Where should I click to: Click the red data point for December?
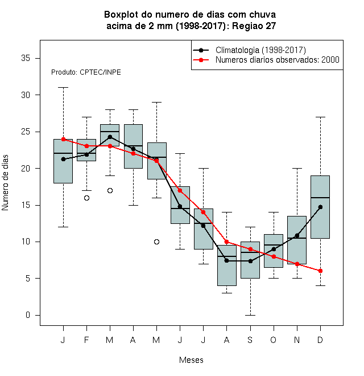click(320, 271)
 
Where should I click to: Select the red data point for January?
click(63, 139)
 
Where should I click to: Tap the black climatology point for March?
click(110, 137)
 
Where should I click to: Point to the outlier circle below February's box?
click(86, 198)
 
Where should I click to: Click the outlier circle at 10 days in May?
click(156, 242)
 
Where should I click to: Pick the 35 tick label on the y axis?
click(26, 58)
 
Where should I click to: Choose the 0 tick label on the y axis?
click(28, 315)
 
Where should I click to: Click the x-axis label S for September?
click(250, 340)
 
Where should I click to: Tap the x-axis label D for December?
click(320, 340)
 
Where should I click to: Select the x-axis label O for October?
click(273, 340)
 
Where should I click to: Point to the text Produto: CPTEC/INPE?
click(86, 72)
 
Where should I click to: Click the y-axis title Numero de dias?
click(5, 183)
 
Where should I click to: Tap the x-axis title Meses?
click(191, 360)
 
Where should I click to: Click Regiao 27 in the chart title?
click(254, 26)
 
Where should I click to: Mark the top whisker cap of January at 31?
click(63, 88)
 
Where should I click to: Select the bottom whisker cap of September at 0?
click(250, 315)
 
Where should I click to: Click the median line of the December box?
click(320, 198)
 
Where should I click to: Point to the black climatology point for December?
click(320, 207)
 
